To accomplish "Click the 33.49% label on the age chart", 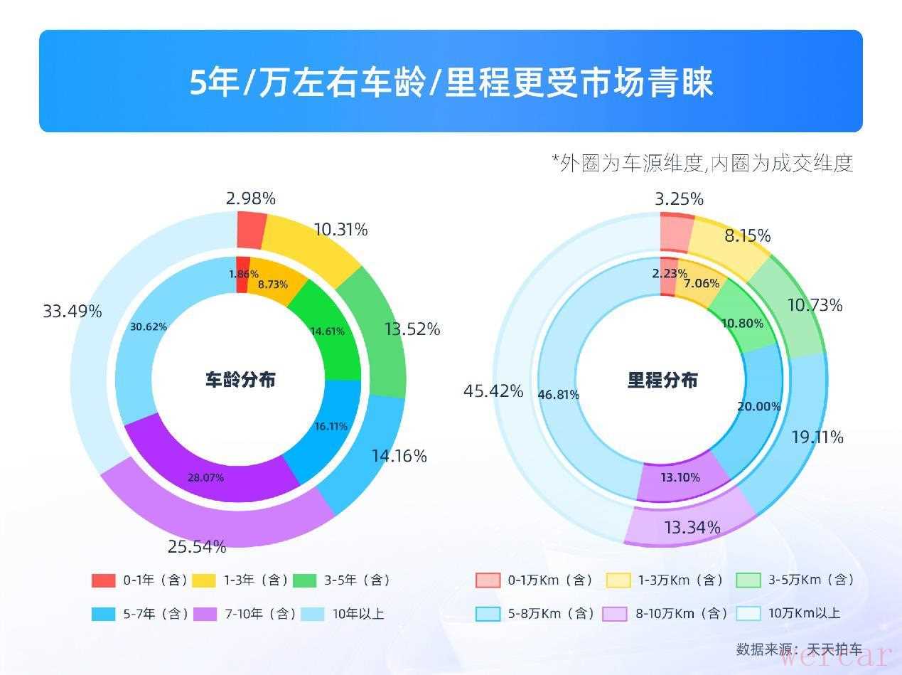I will (x=73, y=312).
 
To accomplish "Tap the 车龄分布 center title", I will (x=240, y=380).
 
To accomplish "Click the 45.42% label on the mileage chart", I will (x=493, y=391).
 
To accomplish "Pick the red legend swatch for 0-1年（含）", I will (x=103, y=580).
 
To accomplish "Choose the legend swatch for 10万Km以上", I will (x=748, y=613).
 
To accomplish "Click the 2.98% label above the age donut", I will (x=250, y=198).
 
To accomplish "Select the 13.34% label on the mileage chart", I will (x=692, y=528).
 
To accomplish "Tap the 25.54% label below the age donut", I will (x=197, y=547).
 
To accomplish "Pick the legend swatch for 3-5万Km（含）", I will (x=748, y=580).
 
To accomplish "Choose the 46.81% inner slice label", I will (x=559, y=395).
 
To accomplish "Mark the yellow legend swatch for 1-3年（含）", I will (x=204, y=580).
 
